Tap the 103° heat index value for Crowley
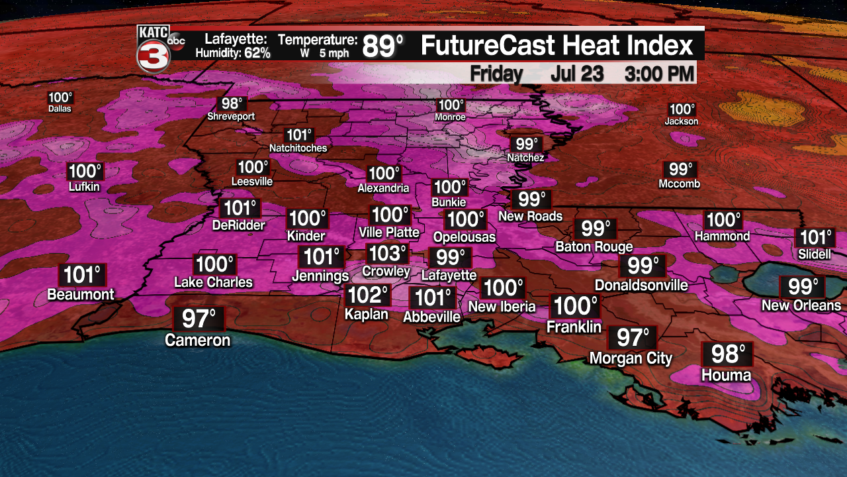click(x=387, y=253)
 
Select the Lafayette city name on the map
click(x=449, y=275)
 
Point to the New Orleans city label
click(x=801, y=305)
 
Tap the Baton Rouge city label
click(x=594, y=247)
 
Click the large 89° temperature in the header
click(x=382, y=46)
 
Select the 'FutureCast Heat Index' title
click(x=557, y=46)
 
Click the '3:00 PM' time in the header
click(x=659, y=74)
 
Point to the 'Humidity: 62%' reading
click(x=232, y=53)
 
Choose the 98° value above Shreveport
click(x=232, y=104)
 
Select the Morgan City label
click(x=631, y=358)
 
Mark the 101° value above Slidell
click(x=815, y=238)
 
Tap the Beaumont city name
click(x=81, y=295)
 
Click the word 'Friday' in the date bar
click(x=496, y=74)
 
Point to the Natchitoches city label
click(x=298, y=148)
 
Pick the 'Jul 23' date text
click(x=576, y=74)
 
